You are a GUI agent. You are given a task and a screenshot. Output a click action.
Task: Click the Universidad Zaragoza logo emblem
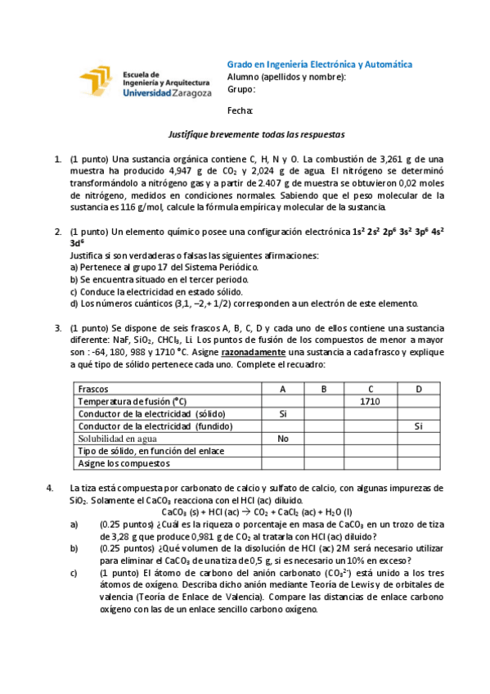98,83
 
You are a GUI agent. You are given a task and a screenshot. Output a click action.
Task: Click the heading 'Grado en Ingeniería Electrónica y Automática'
319,65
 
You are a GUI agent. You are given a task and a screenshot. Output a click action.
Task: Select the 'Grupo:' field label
241,90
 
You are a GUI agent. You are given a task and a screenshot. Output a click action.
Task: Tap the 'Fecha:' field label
240,110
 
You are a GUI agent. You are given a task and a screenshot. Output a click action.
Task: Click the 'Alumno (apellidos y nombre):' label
286,78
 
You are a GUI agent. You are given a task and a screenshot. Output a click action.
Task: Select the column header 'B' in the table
324,389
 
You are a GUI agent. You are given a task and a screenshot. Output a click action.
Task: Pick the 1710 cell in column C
371,401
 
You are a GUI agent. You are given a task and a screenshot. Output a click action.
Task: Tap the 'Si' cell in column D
418,426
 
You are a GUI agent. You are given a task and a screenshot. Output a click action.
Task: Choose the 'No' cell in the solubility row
283,438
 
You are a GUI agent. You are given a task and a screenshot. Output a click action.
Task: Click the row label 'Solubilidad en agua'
116,438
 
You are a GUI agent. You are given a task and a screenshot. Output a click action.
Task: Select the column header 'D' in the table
418,389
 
